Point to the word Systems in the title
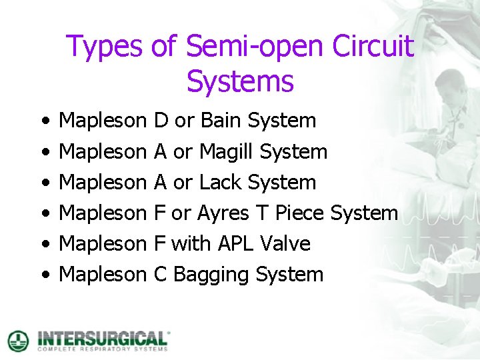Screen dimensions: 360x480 click(x=240, y=82)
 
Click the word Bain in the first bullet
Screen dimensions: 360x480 click(x=221, y=121)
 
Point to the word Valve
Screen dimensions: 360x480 click(x=287, y=244)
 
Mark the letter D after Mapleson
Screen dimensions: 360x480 click(x=161, y=121)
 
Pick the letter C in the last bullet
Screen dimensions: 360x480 click(x=160, y=275)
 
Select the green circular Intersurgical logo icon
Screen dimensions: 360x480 click(x=19, y=340)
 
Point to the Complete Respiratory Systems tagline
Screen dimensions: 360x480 click(x=103, y=348)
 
